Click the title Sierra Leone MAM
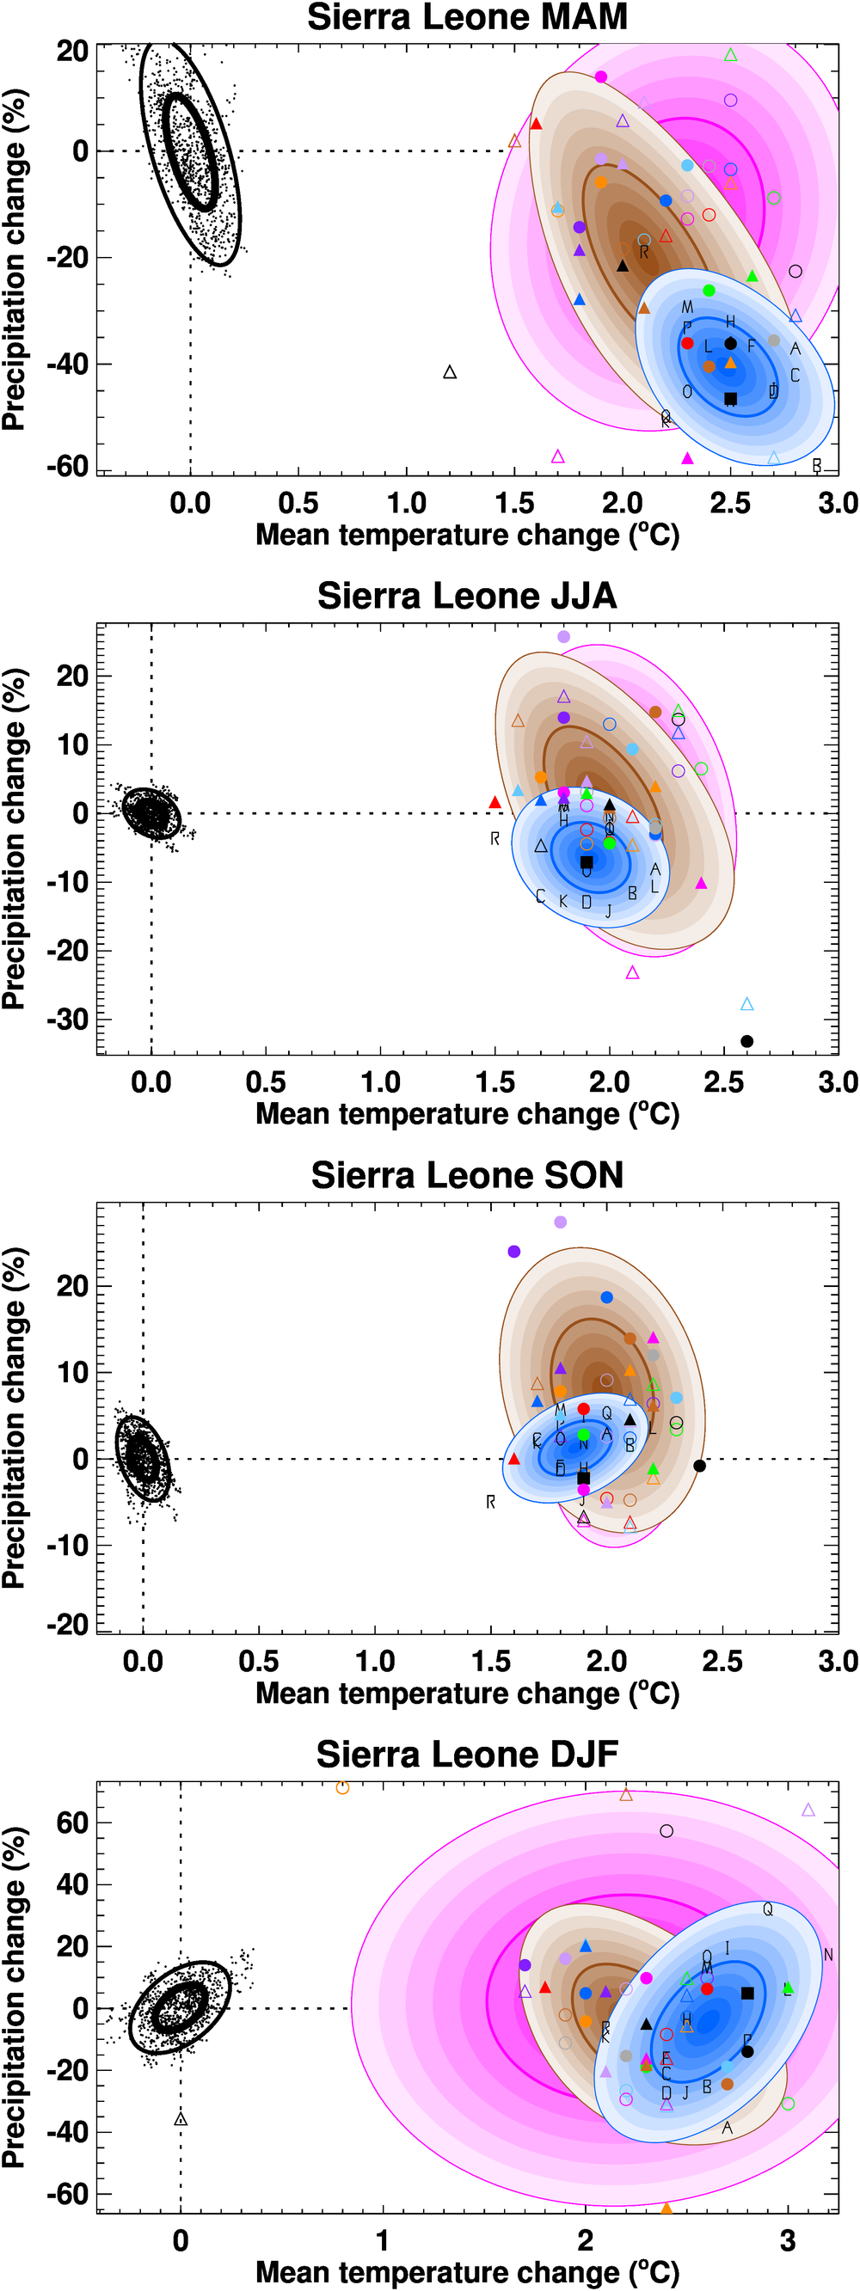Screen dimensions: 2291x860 pyautogui.click(x=467, y=17)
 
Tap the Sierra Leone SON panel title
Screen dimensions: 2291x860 pyautogui.click(x=467, y=1175)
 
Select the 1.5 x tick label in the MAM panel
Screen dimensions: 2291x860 pyautogui.click(x=514, y=504)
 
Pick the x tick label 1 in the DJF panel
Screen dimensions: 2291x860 pyautogui.click(x=383, y=2240)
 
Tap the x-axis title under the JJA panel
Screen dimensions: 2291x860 pyautogui.click(x=467, y=1114)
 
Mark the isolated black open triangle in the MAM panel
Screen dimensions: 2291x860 pyautogui.click(x=450, y=371)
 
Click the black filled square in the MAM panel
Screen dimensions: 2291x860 pyautogui.click(x=730, y=398)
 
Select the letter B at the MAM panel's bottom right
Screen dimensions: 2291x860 pyautogui.click(x=816, y=465)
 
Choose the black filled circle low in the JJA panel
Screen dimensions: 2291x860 pyautogui.click(x=747, y=1041)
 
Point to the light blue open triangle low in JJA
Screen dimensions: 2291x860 pyautogui.click(x=747, y=1004)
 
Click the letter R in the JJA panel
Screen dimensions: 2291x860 pyautogui.click(x=494, y=839)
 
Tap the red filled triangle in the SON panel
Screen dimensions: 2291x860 pyautogui.click(x=513, y=1459)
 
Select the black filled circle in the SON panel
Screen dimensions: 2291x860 pyautogui.click(x=699, y=1466)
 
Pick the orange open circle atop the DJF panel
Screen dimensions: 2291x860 pyautogui.click(x=342, y=1787)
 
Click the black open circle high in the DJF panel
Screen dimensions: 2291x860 pyautogui.click(x=666, y=1830)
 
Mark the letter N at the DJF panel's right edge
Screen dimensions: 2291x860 pyautogui.click(x=828, y=1955)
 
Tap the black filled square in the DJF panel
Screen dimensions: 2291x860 pyautogui.click(x=747, y=1993)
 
